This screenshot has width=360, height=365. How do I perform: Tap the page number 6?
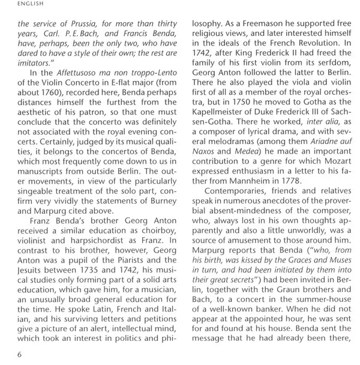click(20, 354)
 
